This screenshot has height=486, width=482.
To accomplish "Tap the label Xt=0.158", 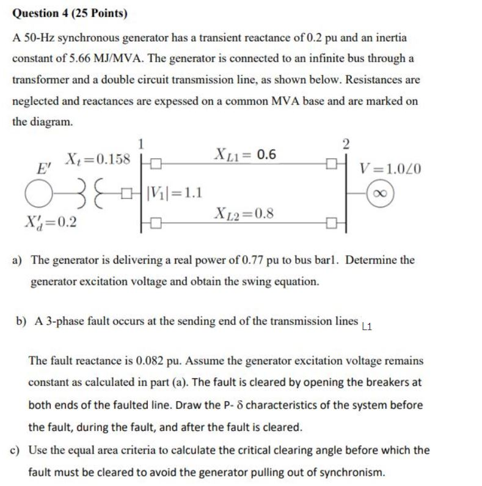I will pos(97,160).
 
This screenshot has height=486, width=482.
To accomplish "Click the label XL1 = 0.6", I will pos(244,154).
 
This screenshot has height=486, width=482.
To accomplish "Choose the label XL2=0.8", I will pos(244,213).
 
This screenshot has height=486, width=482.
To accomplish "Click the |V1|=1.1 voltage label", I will pos(174,196).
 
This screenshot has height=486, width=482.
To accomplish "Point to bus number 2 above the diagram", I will pos(346,144).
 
